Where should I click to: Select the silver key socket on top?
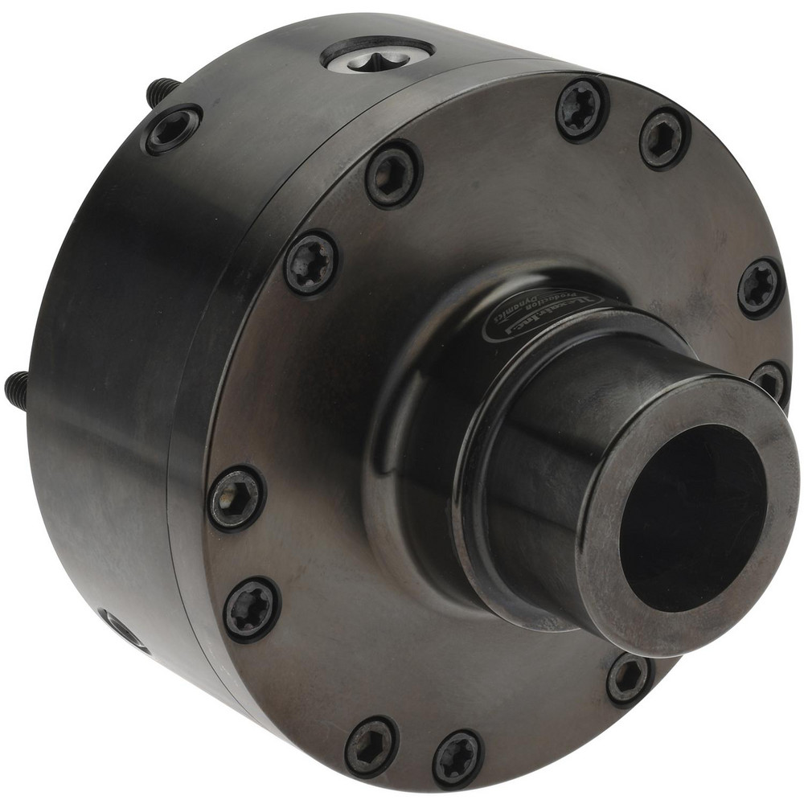tap(377, 54)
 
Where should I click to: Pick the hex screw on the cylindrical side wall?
tap(171, 129)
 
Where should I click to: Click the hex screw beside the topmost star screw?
tap(664, 138)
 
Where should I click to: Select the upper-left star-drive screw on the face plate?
tap(311, 262)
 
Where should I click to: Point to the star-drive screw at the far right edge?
tap(760, 287)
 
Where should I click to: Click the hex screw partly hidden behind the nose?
tap(770, 380)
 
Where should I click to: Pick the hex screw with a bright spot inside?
tap(236, 498)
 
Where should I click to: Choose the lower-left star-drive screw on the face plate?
tap(252, 609)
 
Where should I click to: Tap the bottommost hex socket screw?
tap(371, 747)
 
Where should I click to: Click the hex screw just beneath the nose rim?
tap(629, 678)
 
